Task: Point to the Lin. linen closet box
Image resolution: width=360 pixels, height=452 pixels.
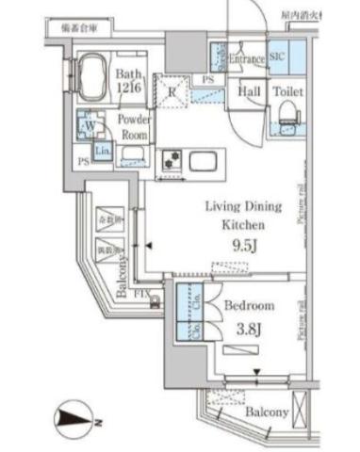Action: point(100,149)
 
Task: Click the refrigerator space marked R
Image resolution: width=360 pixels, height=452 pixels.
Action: point(173,89)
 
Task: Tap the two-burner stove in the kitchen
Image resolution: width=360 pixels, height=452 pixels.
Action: point(173,161)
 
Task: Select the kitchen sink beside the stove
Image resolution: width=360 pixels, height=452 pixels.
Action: point(205,161)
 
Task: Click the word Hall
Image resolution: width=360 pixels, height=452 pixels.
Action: point(249,92)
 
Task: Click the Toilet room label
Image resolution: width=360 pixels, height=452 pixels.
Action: point(286,92)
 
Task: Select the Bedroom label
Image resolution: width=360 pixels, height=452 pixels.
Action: point(251,307)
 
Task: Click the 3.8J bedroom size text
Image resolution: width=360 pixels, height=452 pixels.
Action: point(249,330)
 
